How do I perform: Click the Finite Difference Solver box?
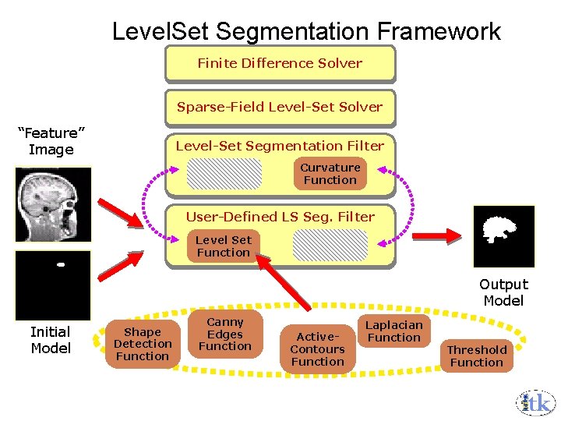point(280,64)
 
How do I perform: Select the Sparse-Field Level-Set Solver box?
point(280,108)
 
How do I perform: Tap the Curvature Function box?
point(330,174)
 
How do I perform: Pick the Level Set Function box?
point(224,246)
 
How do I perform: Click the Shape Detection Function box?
point(143,344)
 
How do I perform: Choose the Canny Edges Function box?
point(225,334)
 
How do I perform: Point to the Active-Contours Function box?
point(317,348)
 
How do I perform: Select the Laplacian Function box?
point(394,331)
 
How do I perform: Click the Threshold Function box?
point(477,356)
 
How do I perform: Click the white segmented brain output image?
point(503,236)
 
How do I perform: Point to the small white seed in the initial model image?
point(60,264)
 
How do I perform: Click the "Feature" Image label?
point(51,141)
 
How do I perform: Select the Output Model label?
point(503,292)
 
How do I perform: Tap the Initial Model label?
point(51,340)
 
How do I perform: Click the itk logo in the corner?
point(535,402)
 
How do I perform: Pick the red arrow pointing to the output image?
point(439,232)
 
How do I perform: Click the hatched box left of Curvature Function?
point(224,174)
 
